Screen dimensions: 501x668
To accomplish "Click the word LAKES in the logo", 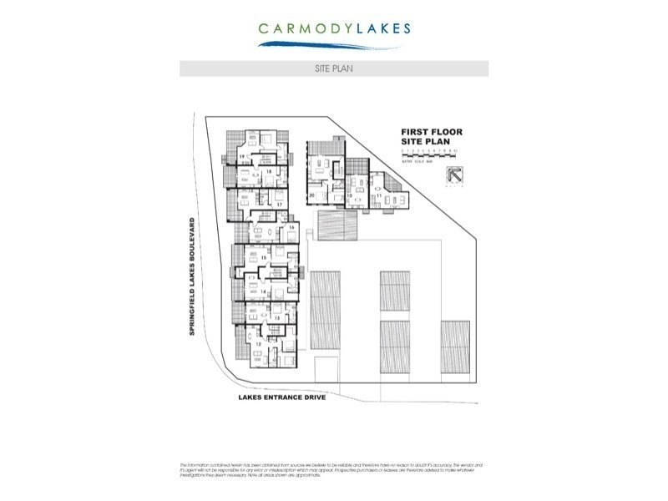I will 381,28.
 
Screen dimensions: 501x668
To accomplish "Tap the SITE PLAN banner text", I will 334,68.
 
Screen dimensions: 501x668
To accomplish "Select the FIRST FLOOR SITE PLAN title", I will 431,137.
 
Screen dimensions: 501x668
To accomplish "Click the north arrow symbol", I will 455,177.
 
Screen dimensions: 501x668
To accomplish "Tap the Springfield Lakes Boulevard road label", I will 192,277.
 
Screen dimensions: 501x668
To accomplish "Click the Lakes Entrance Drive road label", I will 281,397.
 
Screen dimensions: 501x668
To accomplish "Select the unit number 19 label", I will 242,156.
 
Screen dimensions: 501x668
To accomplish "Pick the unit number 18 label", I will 270,172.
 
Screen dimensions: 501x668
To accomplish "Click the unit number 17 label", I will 279,204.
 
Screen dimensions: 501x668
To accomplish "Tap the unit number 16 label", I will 290,227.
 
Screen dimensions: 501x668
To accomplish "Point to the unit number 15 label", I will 263,258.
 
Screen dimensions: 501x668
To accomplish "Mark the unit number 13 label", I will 276,318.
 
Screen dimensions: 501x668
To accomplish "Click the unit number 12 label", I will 258,344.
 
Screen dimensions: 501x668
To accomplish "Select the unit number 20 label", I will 311,196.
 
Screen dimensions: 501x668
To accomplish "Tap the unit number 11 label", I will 392,196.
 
